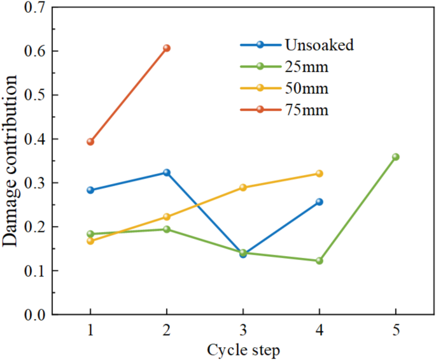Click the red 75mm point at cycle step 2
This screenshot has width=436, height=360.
click(167, 48)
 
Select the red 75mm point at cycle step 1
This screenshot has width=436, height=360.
click(90, 141)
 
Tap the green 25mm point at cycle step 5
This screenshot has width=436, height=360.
click(396, 157)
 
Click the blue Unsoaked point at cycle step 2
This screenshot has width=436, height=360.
click(167, 172)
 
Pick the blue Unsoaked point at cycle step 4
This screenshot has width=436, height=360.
click(320, 201)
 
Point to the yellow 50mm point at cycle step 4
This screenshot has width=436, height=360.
click(320, 173)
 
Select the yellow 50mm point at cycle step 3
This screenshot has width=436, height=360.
click(243, 187)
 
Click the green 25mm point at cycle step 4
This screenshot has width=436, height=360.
click(320, 261)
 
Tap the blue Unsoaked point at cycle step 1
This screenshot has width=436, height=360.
click(90, 190)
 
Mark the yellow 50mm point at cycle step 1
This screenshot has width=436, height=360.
click(90, 241)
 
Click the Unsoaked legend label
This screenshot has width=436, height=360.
click(320, 45)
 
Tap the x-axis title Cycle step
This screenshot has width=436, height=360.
click(243, 350)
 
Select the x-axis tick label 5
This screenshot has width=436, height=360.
click(396, 331)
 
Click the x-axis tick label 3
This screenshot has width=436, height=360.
click(243, 331)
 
